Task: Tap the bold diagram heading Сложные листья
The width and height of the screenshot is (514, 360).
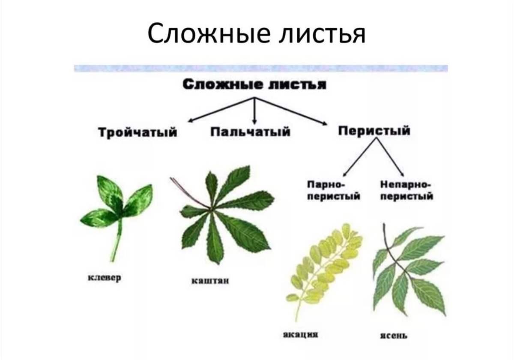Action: (254, 85)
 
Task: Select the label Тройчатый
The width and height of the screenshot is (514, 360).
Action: (137, 132)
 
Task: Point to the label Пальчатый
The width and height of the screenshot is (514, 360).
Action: (250, 132)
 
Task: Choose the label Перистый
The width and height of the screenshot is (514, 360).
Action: (374, 131)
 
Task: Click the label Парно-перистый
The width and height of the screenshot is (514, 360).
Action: (334, 191)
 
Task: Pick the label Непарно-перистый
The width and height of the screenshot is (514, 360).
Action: (406, 191)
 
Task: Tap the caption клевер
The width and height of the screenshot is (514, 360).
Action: (105, 278)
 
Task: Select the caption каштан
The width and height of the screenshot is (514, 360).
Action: (210, 281)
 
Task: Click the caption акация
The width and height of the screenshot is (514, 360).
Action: (301, 335)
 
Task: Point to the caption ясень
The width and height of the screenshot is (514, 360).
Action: (394, 336)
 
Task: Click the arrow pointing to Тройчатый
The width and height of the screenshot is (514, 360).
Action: (221, 110)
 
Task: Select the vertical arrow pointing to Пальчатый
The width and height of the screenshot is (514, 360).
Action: (254, 111)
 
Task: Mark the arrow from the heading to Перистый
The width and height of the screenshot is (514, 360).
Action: (290, 111)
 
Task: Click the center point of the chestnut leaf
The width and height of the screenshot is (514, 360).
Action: (210, 209)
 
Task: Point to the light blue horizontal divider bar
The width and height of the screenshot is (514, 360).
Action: (261, 69)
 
